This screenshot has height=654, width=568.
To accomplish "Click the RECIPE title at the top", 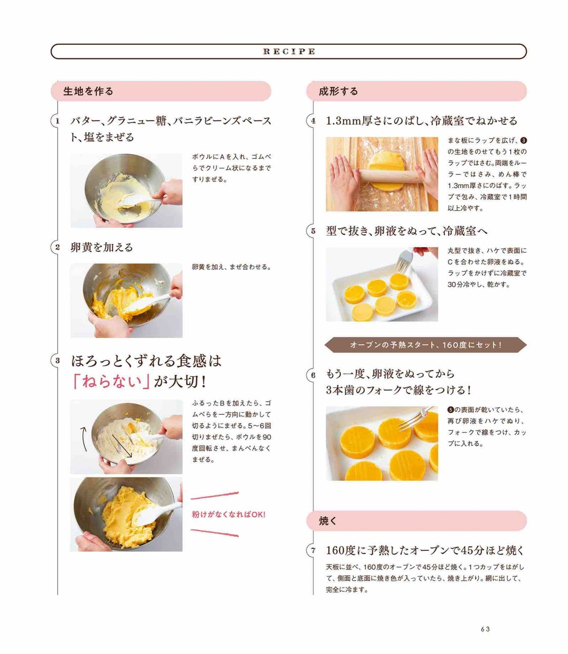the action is click(x=289, y=51).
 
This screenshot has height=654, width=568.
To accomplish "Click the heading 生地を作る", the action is click(x=88, y=91).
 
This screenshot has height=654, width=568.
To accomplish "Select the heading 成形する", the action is click(x=338, y=91).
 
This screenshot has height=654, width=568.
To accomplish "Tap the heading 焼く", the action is click(x=328, y=521).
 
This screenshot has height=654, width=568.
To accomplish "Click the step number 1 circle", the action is click(x=57, y=121).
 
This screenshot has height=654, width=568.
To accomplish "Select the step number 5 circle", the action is click(x=313, y=231).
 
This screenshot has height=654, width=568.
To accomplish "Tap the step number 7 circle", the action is click(x=313, y=550).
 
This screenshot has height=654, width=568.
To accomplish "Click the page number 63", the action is click(x=485, y=629).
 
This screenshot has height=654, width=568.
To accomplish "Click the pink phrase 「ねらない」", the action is click(x=111, y=381).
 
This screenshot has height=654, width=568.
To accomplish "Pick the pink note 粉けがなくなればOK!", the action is click(x=229, y=514).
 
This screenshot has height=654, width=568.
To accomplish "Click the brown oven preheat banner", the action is click(x=426, y=345).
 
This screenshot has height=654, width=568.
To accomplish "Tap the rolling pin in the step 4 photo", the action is click(x=389, y=176).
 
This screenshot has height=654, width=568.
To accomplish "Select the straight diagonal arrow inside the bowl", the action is click(x=122, y=446).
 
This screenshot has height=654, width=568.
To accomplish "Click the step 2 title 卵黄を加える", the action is click(x=102, y=247).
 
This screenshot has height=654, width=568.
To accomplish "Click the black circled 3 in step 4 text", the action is click(x=523, y=141).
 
